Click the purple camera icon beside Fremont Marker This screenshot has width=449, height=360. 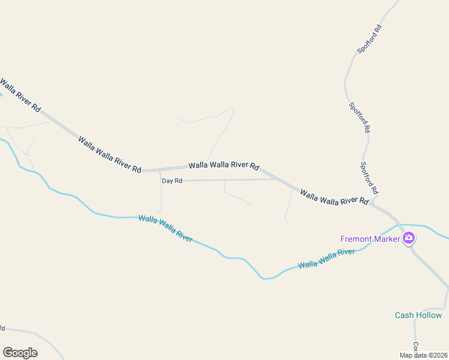(409, 239)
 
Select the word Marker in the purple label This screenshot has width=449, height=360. (387, 239)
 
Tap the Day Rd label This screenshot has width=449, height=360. (172, 181)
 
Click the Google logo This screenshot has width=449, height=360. (20, 353)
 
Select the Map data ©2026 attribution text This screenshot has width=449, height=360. (423, 355)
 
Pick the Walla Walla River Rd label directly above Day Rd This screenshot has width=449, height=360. (223, 165)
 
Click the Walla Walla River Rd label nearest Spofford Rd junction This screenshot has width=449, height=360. (334, 197)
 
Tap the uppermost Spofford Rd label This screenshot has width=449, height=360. (369, 39)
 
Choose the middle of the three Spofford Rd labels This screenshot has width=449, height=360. (359, 117)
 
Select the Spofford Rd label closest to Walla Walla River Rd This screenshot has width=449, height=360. (370, 178)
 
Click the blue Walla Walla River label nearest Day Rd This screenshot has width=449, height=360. (165, 228)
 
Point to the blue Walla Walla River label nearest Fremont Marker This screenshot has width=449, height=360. (327, 259)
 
